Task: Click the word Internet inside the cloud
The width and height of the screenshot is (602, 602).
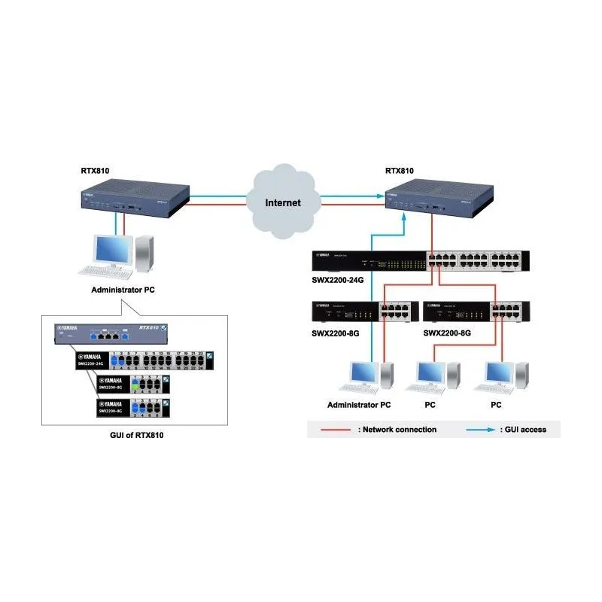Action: (x=283, y=202)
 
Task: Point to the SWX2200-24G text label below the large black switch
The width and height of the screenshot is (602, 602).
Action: (x=336, y=280)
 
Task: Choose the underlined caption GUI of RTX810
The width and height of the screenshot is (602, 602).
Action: (x=133, y=435)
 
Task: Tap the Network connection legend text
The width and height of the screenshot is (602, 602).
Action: (x=399, y=430)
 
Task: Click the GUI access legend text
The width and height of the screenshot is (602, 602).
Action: (x=524, y=430)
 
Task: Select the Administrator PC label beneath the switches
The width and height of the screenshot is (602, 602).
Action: (x=359, y=405)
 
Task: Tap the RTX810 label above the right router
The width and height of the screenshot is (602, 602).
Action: (x=399, y=171)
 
